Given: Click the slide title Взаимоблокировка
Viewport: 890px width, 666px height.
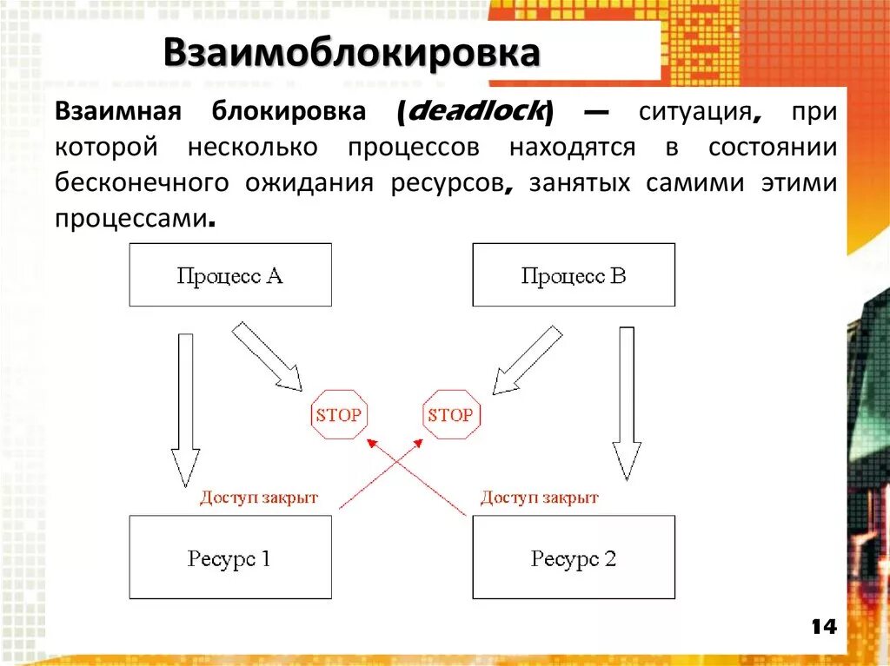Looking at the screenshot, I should [x=350, y=54].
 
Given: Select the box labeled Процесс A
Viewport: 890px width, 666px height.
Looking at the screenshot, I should [x=230, y=275].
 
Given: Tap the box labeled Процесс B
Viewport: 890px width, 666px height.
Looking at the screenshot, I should [x=574, y=275].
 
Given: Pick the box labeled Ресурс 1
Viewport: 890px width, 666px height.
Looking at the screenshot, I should [x=230, y=557].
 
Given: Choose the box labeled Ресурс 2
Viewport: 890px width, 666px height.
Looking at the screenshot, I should [x=574, y=557].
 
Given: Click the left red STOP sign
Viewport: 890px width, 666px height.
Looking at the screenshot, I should [x=338, y=415].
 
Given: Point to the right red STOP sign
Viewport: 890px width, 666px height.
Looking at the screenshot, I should [x=450, y=415].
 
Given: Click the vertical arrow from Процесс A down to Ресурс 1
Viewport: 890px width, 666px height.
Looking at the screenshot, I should [x=184, y=408].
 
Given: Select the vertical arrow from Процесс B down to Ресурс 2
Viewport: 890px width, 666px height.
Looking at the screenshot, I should [x=627, y=404].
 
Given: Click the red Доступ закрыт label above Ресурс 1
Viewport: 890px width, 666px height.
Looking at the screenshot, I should [x=259, y=498].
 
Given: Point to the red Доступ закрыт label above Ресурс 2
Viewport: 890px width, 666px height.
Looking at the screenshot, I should [x=540, y=498].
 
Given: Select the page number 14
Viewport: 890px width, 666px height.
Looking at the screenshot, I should [x=823, y=626].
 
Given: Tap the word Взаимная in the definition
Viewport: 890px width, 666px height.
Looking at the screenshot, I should [x=117, y=112].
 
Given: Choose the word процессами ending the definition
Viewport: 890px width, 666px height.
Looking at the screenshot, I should [x=132, y=219].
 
